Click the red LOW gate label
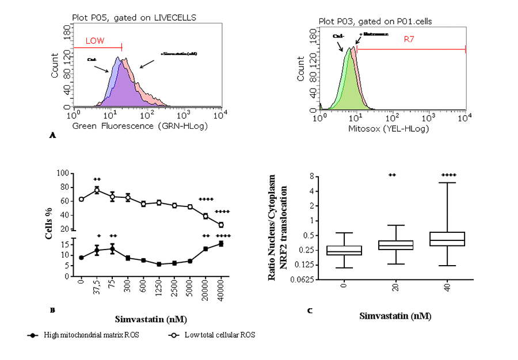[x=96, y=41]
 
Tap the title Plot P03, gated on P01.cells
[x=376, y=21]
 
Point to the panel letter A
[x=53, y=136]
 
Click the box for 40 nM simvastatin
[x=448, y=239]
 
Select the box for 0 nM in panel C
[x=344, y=250]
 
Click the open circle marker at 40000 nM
[x=221, y=225]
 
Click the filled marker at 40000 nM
[x=221, y=244]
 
